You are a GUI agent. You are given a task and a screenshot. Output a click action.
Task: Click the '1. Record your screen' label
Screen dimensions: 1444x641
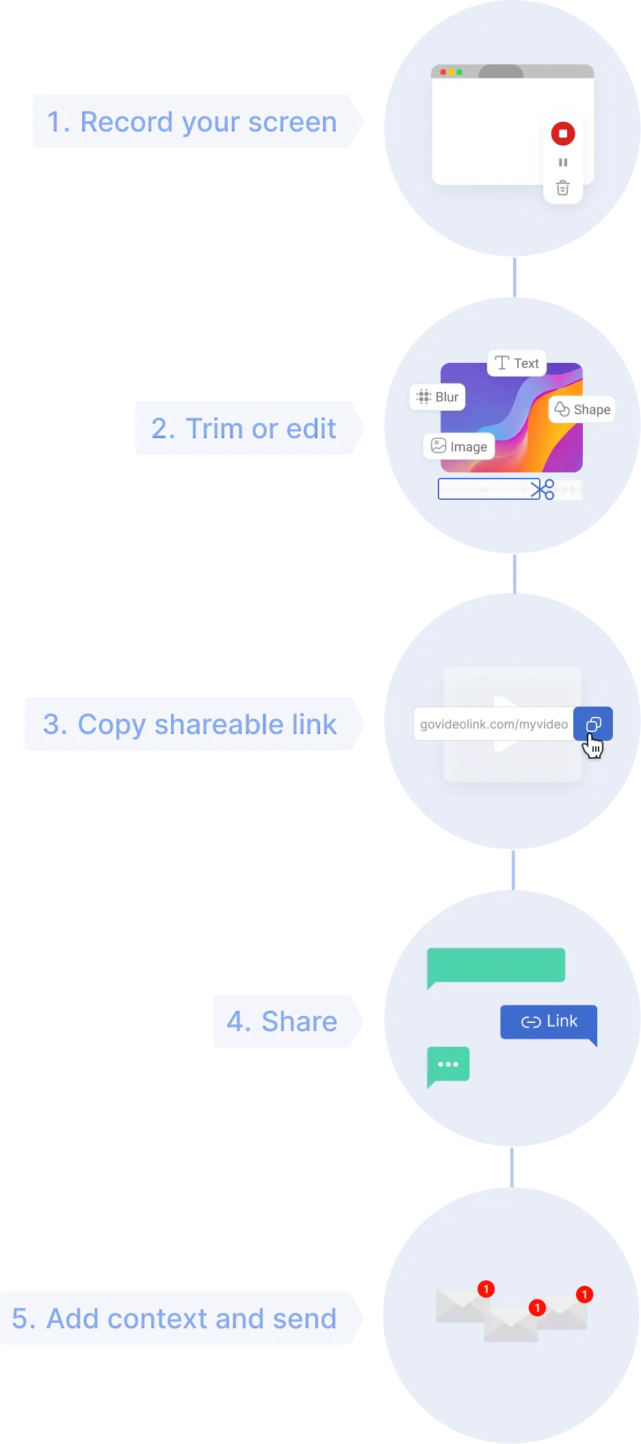[x=192, y=122]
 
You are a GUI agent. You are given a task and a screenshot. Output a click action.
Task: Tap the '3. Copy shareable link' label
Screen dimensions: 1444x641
[x=189, y=724]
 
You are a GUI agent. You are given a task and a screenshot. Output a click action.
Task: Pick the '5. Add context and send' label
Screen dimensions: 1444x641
[x=174, y=1319]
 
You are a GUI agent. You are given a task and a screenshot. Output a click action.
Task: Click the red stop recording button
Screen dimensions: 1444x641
[x=563, y=134]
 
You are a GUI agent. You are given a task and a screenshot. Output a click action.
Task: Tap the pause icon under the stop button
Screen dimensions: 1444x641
[x=563, y=162]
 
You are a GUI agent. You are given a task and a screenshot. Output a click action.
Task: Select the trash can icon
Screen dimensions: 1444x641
[x=562, y=188]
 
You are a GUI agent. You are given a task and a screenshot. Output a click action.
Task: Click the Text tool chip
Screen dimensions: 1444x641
[x=516, y=363]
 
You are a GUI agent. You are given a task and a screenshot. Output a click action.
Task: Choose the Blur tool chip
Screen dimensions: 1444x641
[x=437, y=397]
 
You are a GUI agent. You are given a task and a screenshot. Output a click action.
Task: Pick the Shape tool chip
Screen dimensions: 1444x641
[x=582, y=409]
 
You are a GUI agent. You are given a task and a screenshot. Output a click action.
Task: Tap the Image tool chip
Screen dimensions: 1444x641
[x=459, y=447]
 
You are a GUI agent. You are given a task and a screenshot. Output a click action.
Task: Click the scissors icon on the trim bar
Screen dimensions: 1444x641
[x=542, y=490]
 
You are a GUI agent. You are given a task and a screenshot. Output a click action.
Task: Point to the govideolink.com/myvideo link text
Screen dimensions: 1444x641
[x=493, y=724]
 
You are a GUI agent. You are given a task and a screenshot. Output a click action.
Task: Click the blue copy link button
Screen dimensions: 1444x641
[x=593, y=724]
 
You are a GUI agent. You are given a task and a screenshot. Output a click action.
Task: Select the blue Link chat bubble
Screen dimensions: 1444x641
[x=549, y=1022]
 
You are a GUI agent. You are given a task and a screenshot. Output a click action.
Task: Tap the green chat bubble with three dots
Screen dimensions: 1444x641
[x=448, y=1065]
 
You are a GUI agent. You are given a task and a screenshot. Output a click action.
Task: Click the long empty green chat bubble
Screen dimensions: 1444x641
[x=496, y=965]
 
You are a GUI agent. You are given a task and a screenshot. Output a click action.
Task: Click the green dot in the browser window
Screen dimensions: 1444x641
[x=460, y=72]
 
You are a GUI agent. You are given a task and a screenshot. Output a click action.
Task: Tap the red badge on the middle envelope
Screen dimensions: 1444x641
[x=538, y=1308]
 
